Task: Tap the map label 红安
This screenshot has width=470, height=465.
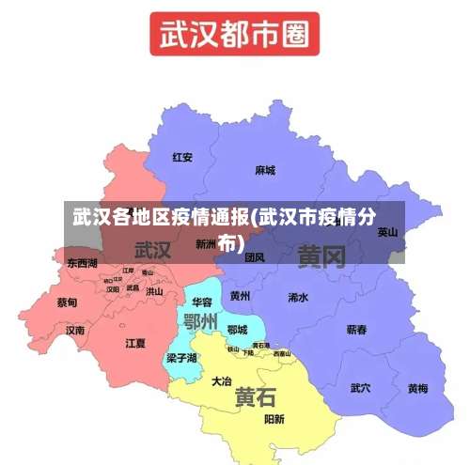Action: [x=182, y=158]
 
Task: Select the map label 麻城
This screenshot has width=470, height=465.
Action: [x=265, y=171]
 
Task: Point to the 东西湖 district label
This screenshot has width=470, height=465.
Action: [x=82, y=264]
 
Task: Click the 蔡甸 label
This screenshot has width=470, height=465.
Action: [x=67, y=302]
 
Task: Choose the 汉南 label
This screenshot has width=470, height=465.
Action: [x=75, y=331]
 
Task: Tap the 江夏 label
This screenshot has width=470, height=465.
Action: [x=135, y=343]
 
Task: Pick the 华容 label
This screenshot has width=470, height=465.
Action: [x=202, y=302]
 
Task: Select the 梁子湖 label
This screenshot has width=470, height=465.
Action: [x=181, y=358]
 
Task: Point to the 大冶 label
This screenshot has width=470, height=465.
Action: [x=222, y=381]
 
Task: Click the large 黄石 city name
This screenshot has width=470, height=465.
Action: [x=255, y=396]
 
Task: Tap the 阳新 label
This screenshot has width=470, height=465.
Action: [x=274, y=419]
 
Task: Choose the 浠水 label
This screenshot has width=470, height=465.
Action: [x=298, y=297]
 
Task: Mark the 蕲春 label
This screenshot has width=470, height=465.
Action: [x=357, y=330]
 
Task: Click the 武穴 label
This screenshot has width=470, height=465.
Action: [x=360, y=387]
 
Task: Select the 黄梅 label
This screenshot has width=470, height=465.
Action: [x=417, y=388]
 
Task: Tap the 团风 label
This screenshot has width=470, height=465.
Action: [x=255, y=256]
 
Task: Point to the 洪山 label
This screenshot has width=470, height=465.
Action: [x=153, y=291]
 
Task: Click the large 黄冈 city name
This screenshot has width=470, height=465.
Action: [x=321, y=256]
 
